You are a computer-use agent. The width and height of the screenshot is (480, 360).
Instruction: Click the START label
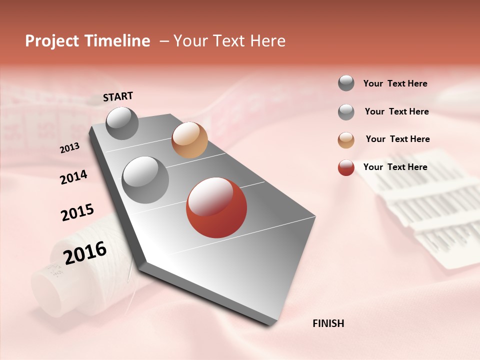coord(118,96)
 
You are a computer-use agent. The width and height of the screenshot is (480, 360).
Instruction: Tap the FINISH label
coord(328,323)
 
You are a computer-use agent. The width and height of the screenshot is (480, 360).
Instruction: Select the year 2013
coord(69,148)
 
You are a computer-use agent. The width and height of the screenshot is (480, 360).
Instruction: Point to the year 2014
coord(73,177)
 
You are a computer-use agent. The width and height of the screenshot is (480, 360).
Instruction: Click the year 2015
coord(77,212)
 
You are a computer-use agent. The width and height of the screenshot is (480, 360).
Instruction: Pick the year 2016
coord(85,252)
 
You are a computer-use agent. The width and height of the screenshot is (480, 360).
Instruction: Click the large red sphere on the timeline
coord(216,207)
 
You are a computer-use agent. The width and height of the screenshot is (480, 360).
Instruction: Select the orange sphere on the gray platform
coord(189,140)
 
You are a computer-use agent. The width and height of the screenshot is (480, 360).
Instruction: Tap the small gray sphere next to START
coord(122,123)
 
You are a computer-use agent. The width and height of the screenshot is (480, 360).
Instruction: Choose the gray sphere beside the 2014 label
coord(145,179)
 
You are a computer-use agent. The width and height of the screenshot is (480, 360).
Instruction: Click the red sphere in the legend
coord(346,167)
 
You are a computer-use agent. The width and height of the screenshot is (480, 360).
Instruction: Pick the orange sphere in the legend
coord(346,140)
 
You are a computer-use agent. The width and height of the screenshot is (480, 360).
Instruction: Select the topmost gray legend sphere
coord(346,83)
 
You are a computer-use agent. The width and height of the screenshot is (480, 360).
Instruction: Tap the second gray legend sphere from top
coord(346,112)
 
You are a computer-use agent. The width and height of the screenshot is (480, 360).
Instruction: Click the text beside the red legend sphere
coord(395,167)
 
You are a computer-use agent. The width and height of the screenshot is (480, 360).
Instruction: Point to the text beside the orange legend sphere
coord(397,139)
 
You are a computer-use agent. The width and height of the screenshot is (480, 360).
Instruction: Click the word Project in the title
coord(52,41)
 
